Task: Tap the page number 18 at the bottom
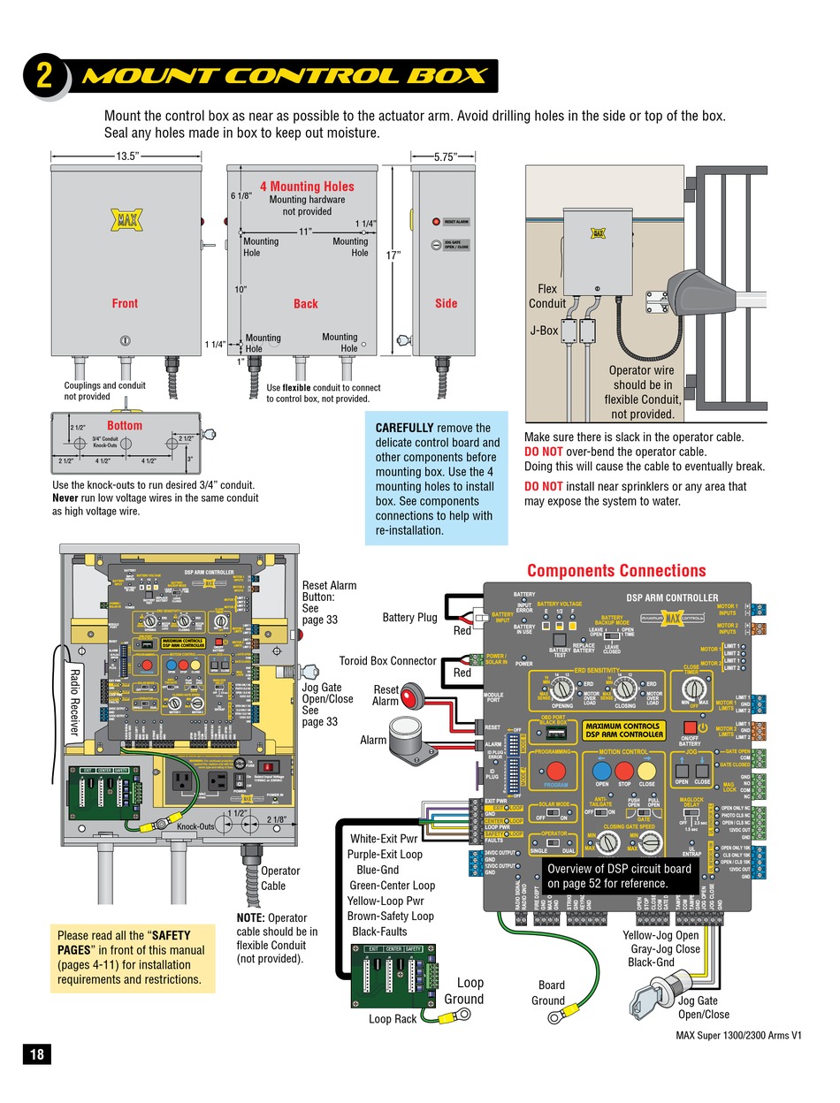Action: tap(37, 1054)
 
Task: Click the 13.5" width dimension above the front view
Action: tap(126, 156)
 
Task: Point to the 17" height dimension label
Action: tap(393, 255)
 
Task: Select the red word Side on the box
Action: tap(447, 303)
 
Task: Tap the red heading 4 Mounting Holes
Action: tap(306, 186)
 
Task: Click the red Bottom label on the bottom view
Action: tap(125, 425)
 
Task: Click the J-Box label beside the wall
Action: tap(544, 331)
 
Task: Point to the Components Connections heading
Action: tap(616, 570)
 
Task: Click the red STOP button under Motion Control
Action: tap(624, 770)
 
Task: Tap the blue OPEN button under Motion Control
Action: tap(602, 770)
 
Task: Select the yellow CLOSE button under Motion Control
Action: tap(647, 770)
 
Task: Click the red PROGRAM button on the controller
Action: tap(555, 771)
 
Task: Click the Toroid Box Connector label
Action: tap(388, 660)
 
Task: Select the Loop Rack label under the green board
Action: tap(393, 1019)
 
